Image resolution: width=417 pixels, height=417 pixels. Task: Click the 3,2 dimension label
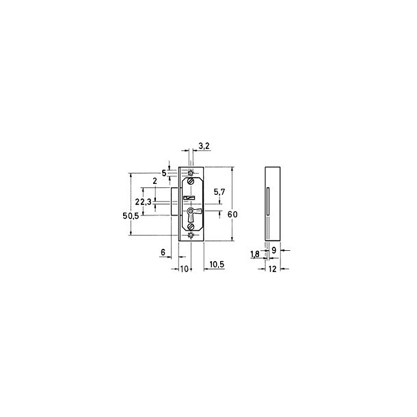click(x=204, y=146)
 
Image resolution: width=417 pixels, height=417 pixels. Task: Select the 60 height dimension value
click(x=232, y=215)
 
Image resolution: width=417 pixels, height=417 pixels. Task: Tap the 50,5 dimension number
click(x=131, y=216)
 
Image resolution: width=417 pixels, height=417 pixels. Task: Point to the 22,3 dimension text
click(x=143, y=202)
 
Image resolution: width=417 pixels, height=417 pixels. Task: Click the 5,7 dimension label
click(x=219, y=192)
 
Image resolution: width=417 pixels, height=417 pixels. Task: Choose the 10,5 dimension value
click(x=217, y=265)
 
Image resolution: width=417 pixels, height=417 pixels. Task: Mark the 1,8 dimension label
click(x=255, y=254)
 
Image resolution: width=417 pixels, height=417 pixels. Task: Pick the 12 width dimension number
click(x=272, y=269)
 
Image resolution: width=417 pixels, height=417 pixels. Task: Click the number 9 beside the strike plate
click(x=274, y=250)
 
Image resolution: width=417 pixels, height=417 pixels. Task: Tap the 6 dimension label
click(x=163, y=252)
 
